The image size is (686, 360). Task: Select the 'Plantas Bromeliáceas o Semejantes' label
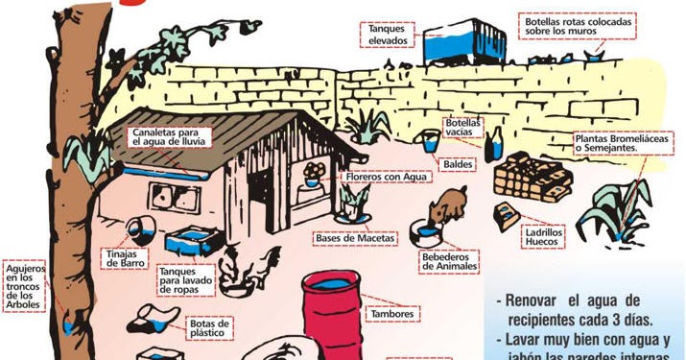(622, 143)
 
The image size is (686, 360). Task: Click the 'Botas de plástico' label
(210, 329)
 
